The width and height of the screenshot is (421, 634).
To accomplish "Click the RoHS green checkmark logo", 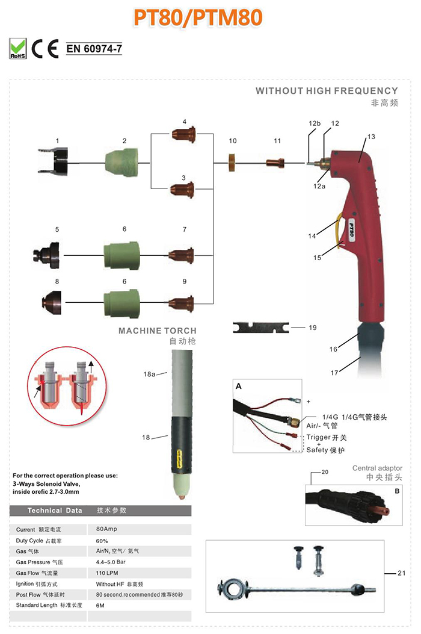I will (19, 48).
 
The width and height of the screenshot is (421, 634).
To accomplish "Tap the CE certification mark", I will (45, 48).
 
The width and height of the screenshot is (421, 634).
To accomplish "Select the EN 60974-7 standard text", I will (94, 49).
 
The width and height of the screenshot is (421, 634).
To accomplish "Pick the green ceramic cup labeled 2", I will (123, 161).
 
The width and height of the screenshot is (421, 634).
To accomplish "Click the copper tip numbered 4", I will (184, 133).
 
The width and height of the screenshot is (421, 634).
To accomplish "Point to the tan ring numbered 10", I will (232, 162).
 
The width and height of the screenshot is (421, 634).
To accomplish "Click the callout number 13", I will (371, 137).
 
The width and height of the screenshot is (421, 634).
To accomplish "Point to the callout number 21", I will (401, 573).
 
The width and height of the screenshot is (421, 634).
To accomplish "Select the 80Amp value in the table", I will (106, 529).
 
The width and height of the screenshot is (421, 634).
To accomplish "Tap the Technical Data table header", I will (55, 510).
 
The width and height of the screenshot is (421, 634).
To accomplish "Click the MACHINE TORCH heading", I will (157, 331).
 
